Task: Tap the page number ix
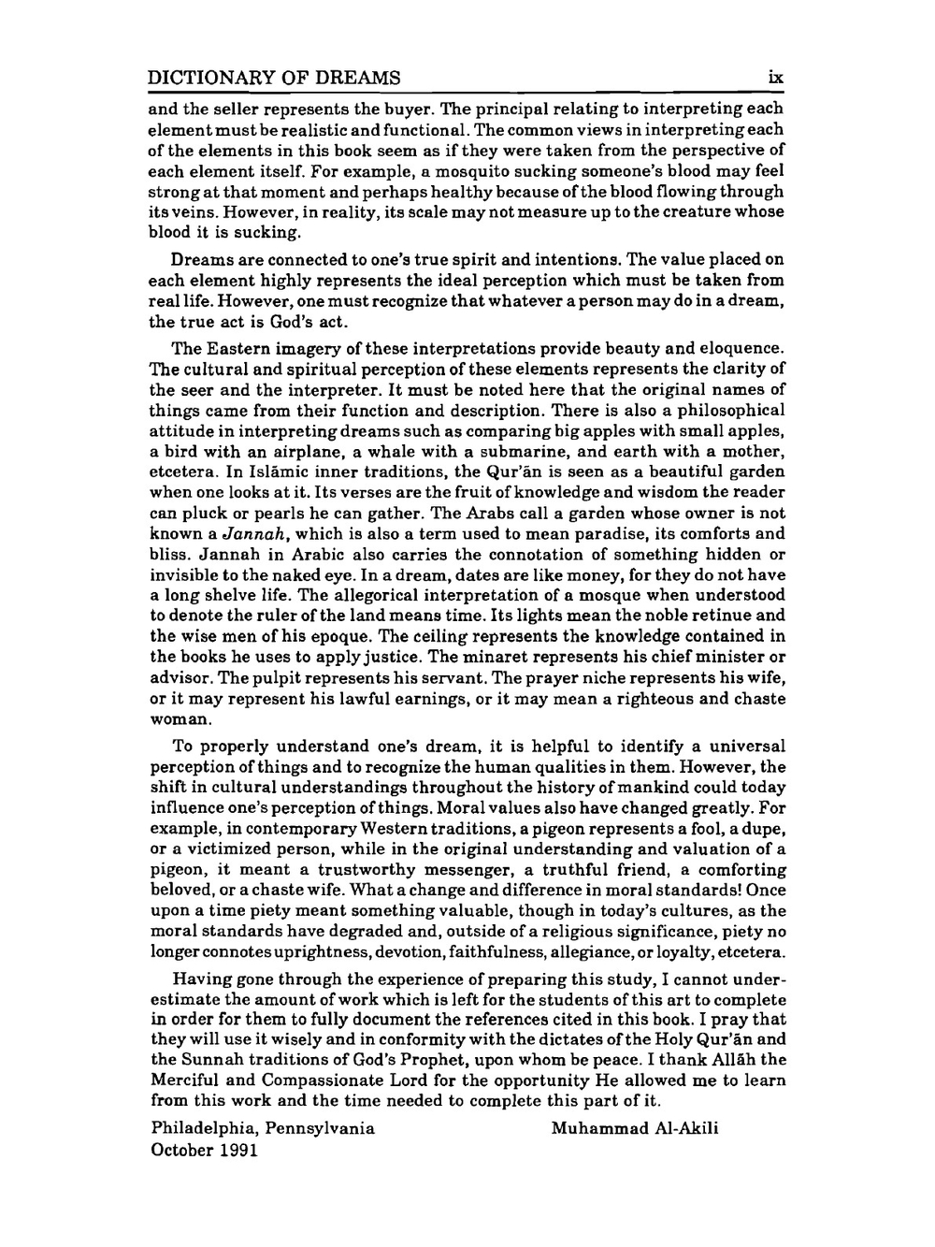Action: point(775,78)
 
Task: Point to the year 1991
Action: point(238,1150)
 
